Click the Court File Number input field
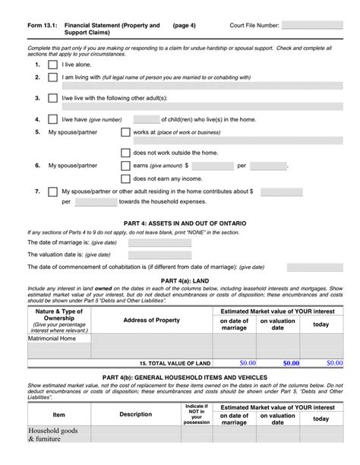[x=312, y=25]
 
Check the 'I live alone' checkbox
[x=52, y=65]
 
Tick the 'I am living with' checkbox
[x=52, y=77]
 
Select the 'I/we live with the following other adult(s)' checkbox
[x=52, y=98]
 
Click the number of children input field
[x=146, y=119]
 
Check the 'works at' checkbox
[x=125, y=132]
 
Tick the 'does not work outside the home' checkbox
[x=125, y=152]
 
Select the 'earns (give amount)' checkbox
[x=125, y=165]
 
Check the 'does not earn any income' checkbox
[x=125, y=179]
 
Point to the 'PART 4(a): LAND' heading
[x=180, y=281]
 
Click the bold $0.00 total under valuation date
[x=291, y=363]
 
